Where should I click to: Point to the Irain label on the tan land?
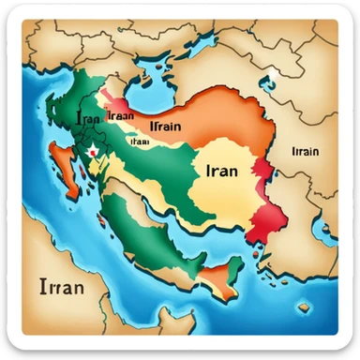pos(306,150)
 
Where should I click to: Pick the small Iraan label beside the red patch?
pos(120,115)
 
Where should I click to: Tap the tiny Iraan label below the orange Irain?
pos(141,142)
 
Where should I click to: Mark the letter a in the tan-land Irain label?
pos(305,151)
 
